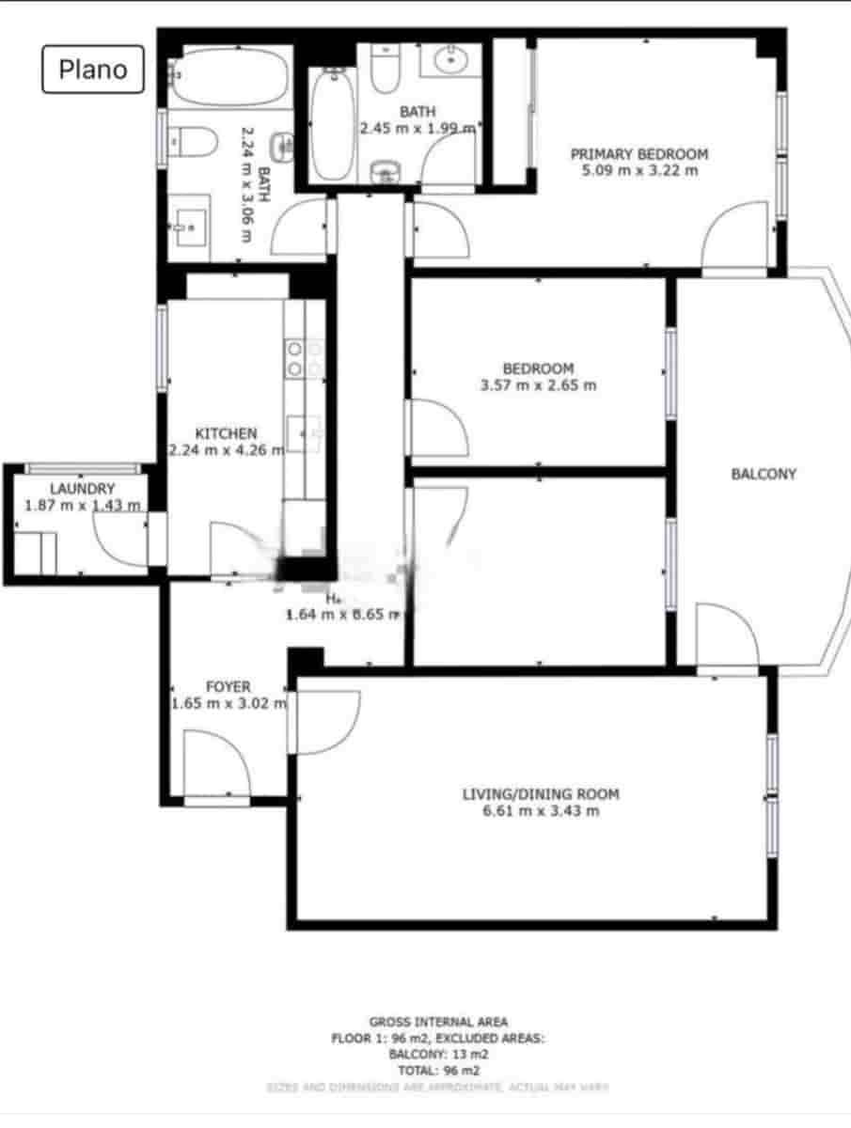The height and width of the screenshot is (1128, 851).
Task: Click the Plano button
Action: pyautogui.click(x=92, y=70)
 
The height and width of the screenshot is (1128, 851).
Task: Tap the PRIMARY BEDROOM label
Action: pyautogui.click(x=639, y=154)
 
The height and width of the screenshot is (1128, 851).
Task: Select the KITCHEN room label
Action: pyautogui.click(x=226, y=433)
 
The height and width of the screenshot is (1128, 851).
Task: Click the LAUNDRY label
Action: pyautogui.click(x=83, y=489)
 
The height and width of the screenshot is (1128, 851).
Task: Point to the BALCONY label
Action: pyautogui.click(x=764, y=474)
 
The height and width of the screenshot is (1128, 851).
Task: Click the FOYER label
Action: pyautogui.click(x=229, y=687)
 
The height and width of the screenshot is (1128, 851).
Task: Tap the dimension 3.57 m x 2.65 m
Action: pyautogui.click(x=538, y=385)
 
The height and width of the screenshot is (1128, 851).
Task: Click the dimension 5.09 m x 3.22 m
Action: pyautogui.click(x=639, y=171)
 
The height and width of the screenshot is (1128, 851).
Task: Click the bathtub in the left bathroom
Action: pyautogui.click(x=229, y=77)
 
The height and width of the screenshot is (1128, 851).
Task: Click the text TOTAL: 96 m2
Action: pyautogui.click(x=437, y=1070)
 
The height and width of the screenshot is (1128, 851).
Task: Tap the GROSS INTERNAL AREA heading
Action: pyautogui.click(x=438, y=1022)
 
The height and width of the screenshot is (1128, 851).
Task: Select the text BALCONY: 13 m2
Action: pyautogui.click(x=437, y=1054)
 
